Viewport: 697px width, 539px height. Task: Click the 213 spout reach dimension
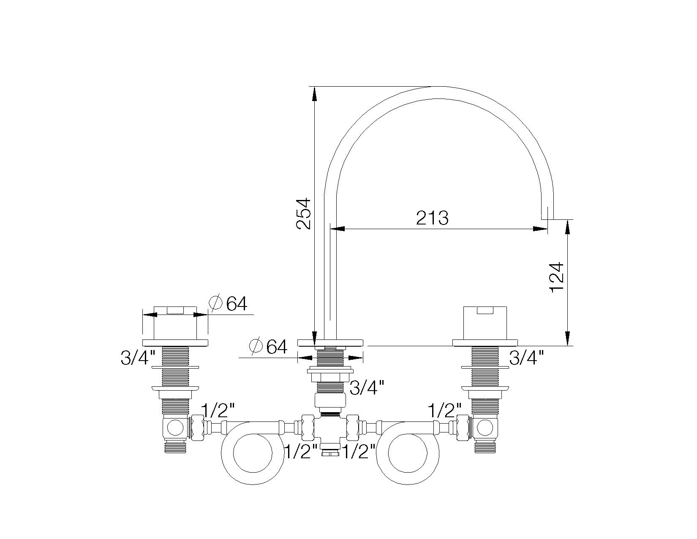point(432,218)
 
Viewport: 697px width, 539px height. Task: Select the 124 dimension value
point(557,277)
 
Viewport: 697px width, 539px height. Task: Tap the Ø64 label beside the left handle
point(229,304)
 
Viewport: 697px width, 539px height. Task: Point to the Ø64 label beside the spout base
point(269,347)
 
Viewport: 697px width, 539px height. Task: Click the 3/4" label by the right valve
point(526,358)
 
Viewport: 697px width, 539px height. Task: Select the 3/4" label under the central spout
point(367,387)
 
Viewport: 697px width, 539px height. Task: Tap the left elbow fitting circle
point(174,428)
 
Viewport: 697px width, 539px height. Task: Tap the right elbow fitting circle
point(485,428)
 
